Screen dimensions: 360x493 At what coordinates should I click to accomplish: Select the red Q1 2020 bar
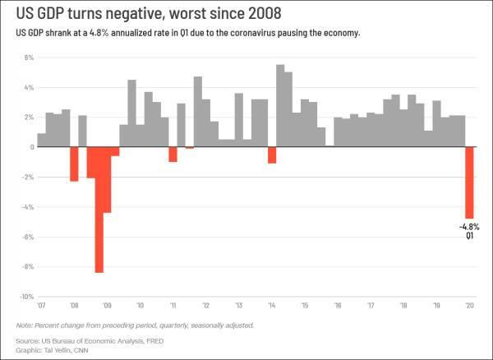click(x=469, y=182)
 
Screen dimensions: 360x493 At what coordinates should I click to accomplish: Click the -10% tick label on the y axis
click(x=25, y=297)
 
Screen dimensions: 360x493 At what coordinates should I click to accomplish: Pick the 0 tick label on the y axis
click(x=30, y=148)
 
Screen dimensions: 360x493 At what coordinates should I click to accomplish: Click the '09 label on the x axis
click(x=106, y=304)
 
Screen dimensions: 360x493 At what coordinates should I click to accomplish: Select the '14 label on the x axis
click(x=272, y=304)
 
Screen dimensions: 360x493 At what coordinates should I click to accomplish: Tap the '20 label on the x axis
click(x=469, y=304)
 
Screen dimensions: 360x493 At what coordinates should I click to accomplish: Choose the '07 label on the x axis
click(x=41, y=304)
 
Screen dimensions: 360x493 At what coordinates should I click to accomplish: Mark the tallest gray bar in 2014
click(x=280, y=106)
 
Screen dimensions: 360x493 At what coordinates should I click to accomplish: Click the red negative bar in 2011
click(x=173, y=155)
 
